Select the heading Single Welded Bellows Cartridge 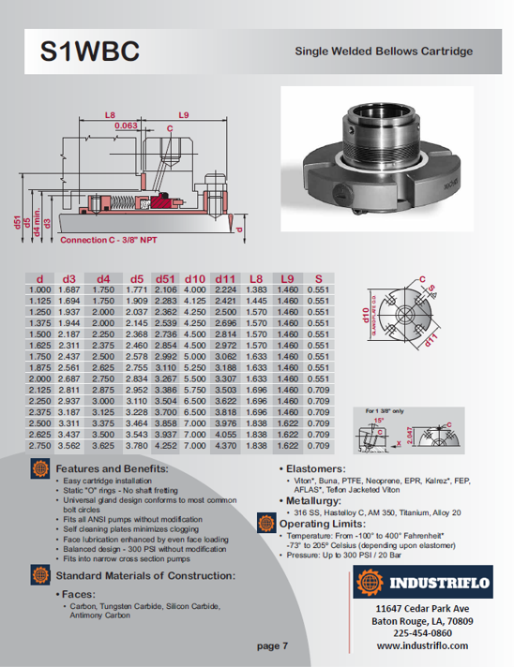tap(384, 52)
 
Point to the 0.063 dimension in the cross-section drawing tap(125, 124)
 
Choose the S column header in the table tap(318, 278)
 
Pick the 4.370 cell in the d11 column tap(226, 447)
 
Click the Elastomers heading tap(319, 467)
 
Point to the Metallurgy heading tap(320, 499)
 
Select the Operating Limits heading tap(326, 523)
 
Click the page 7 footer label tap(272, 645)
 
